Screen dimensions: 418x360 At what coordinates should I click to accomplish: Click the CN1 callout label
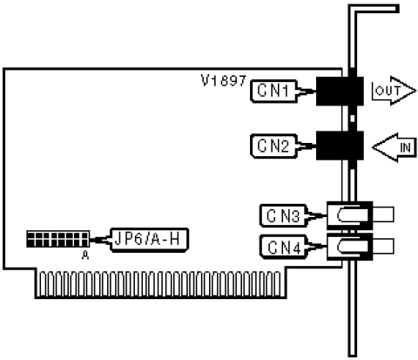point(273,91)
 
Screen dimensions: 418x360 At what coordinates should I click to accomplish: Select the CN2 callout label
point(273,146)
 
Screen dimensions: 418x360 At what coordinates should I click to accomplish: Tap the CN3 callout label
point(283,215)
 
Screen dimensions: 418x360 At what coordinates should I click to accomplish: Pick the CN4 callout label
point(283,247)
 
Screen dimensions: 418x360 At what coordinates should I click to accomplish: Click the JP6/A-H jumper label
point(149,240)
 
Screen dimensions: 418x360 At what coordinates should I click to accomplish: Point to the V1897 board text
point(224,80)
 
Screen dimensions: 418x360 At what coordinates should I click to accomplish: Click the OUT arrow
point(394,91)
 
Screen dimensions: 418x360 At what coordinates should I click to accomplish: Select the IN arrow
point(394,147)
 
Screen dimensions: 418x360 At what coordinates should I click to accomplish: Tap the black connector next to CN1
point(340,91)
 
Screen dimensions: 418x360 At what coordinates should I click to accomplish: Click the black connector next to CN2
point(340,146)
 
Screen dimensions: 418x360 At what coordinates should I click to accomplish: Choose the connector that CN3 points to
point(349,215)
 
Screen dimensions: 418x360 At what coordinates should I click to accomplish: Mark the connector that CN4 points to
point(349,247)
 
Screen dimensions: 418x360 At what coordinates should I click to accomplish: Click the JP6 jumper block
point(58,239)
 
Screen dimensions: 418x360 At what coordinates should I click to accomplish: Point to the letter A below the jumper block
point(85,255)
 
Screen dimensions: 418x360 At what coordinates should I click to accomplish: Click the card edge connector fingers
point(160,284)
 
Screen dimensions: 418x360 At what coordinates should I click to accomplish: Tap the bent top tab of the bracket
point(374,9)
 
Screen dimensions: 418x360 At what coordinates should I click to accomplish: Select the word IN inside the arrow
point(405,147)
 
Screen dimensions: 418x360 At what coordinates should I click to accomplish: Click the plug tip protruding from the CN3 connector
point(383,214)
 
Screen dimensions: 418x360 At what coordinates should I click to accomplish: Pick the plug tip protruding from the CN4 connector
point(383,246)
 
